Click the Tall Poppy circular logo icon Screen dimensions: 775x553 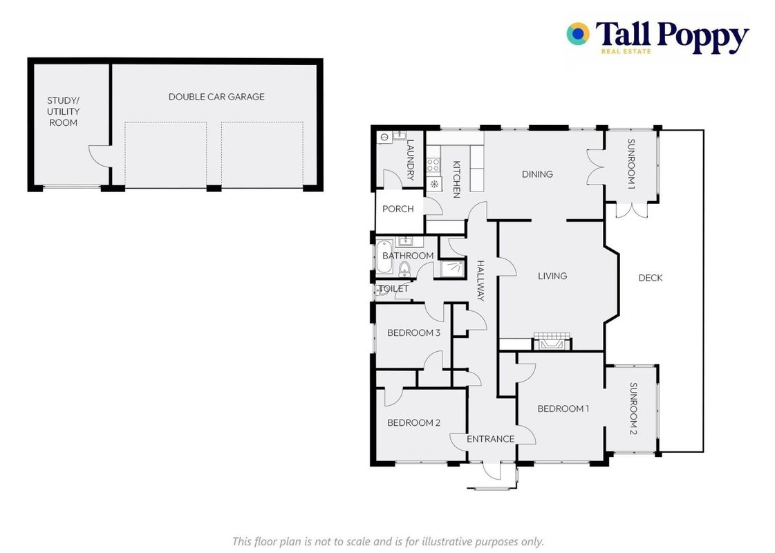point(578,34)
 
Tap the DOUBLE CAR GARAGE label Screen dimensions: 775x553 point(216,97)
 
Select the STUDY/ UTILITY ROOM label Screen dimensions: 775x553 point(64,112)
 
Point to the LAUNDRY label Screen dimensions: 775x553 point(410,160)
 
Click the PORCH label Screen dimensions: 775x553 point(398,209)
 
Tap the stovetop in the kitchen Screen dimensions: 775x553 point(433,165)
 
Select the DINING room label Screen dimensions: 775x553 point(537,174)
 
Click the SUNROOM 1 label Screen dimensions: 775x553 point(631,164)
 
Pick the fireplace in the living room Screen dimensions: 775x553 point(552,341)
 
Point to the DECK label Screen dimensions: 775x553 point(651,278)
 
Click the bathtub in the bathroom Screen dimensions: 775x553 point(384,257)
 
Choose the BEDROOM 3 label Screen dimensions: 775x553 point(413,332)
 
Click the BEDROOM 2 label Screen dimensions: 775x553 point(413,422)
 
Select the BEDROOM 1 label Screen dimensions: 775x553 point(563,409)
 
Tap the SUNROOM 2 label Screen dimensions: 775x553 point(633,409)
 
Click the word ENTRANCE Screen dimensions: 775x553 point(491,439)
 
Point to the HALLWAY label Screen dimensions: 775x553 point(480,281)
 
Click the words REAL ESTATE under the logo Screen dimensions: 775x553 point(626,51)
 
